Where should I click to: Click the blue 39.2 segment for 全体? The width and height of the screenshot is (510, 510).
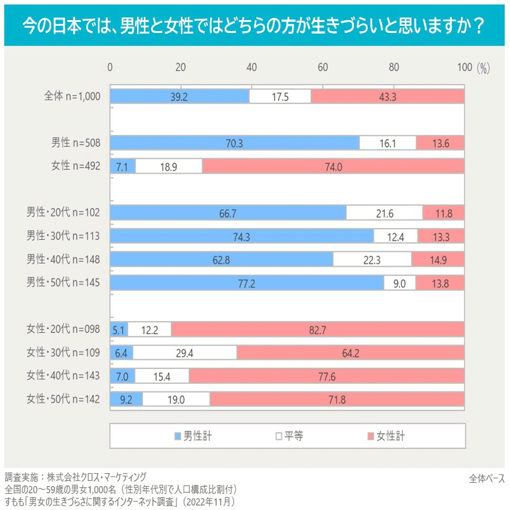(180, 96)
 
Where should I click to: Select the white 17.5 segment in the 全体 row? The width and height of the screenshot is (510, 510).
(280, 96)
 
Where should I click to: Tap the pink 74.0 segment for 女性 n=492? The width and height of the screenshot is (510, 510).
(334, 166)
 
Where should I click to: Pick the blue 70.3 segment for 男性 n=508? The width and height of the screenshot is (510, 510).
(235, 143)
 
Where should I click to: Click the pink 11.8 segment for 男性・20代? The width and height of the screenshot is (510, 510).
(443, 213)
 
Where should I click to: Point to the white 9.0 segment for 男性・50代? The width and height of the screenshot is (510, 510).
(399, 283)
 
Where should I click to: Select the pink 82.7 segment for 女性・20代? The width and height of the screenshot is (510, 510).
(318, 330)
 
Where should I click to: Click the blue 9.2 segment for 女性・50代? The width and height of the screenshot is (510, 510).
(126, 399)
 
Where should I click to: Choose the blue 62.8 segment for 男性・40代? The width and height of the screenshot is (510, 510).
(221, 260)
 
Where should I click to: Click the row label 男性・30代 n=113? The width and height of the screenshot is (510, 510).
(63, 237)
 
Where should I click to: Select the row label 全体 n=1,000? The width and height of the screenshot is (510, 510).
(72, 96)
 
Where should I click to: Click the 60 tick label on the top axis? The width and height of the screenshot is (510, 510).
(323, 67)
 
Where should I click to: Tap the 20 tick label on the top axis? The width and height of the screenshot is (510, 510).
(181, 67)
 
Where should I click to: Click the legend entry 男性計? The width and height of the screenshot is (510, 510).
(193, 436)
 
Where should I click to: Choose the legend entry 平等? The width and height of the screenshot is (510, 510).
(289, 436)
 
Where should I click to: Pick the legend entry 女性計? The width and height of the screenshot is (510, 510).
(387, 436)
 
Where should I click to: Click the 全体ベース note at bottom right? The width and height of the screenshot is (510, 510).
(487, 478)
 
